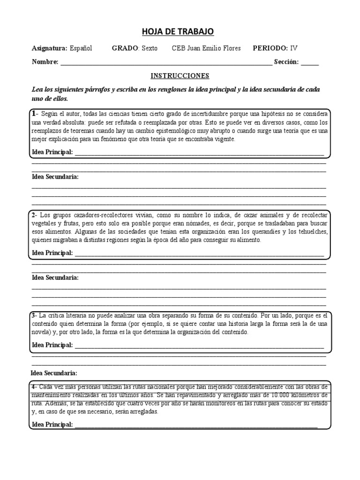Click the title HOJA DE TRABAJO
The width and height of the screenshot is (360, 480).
[x=178, y=31]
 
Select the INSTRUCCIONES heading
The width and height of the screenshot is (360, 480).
[x=180, y=75]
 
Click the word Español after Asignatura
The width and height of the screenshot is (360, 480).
[x=81, y=48]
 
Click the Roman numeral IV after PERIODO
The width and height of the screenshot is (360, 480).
[x=294, y=48]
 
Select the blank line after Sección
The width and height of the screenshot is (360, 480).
[x=309, y=62]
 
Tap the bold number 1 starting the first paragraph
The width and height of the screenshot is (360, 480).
[x=34, y=114]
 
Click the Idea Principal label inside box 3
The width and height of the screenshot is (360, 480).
[x=52, y=345]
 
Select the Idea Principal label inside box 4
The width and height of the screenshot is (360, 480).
[x=52, y=425]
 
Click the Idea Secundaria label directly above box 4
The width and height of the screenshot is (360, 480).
[x=53, y=373]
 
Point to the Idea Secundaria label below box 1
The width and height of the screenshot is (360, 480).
[x=55, y=177]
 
